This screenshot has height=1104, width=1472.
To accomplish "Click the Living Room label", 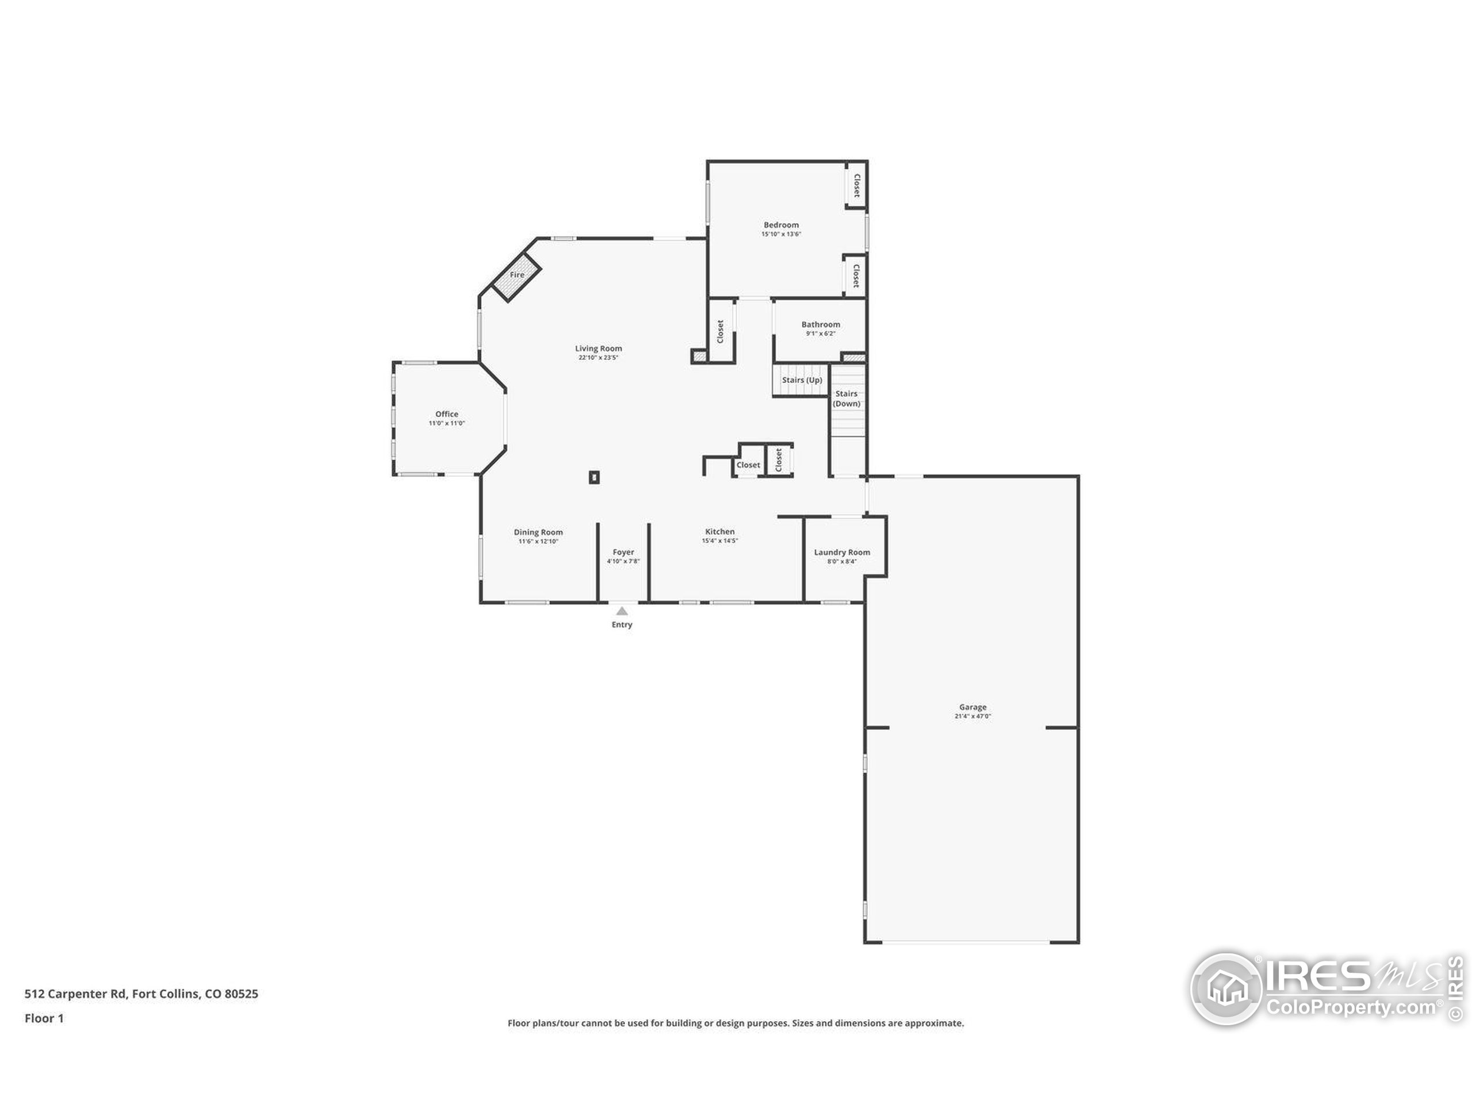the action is (x=598, y=348).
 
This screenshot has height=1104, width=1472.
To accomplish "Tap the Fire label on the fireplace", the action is (x=517, y=275).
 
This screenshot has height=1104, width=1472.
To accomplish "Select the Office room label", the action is (x=447, y=414).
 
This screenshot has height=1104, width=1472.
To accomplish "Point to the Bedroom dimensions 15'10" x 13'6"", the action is (x=781, y=234).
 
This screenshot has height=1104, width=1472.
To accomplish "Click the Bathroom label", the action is (x=821, y=325).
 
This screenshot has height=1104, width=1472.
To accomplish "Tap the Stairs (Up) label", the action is (x=802, y=380).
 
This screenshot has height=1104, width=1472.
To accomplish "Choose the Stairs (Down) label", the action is (x=846, y=398).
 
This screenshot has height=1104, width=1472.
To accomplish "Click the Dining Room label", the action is (x=538, y=532).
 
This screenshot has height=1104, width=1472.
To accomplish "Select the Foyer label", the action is (x=623, y=553).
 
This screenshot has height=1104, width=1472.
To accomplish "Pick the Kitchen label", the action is (x=720, y=532).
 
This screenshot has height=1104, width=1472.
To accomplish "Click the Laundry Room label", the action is (x=842, y=553).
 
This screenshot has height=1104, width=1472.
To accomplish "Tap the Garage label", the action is (x=973, y=707).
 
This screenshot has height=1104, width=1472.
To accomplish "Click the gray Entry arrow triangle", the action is (x=622, y=611).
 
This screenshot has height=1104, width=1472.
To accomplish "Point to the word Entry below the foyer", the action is (x=622, y=625).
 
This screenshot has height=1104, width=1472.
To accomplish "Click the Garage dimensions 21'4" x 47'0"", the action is (x=973, y=716).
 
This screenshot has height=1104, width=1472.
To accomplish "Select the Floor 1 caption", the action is (x=44, y=1018).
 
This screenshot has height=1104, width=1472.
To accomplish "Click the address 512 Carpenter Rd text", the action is (x=75, y=994).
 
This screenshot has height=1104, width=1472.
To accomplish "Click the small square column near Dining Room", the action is (x=594, y=477).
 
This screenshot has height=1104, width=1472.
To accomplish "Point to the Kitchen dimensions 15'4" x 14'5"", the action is (x=720, y=541).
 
